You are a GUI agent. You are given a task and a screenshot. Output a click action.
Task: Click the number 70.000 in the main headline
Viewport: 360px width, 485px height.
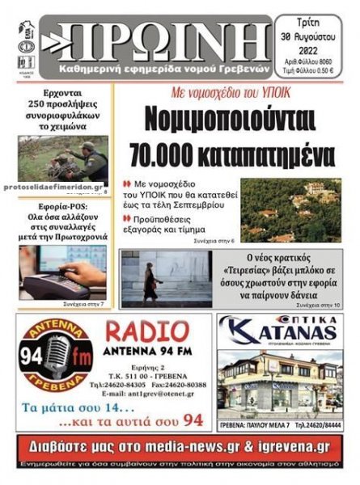point(180,153)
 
